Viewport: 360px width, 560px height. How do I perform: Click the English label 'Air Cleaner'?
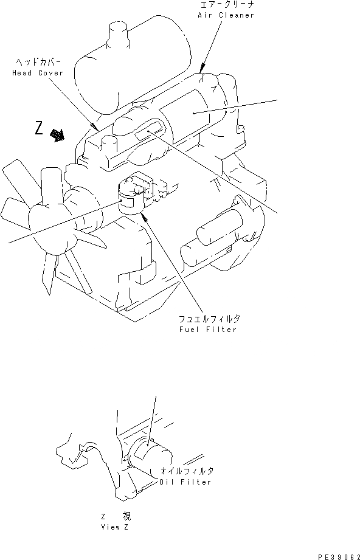(226, 15)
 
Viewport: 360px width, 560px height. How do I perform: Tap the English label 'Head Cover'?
(37, 73)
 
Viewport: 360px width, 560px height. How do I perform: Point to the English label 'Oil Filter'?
(185, 482)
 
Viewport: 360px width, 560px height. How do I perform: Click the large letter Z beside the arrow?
(40, 129)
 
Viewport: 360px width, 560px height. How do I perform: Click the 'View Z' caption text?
(115, 527)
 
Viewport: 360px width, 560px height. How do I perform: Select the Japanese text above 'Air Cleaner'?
(226, 5)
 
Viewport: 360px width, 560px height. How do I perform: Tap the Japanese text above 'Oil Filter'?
(187, 472)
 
